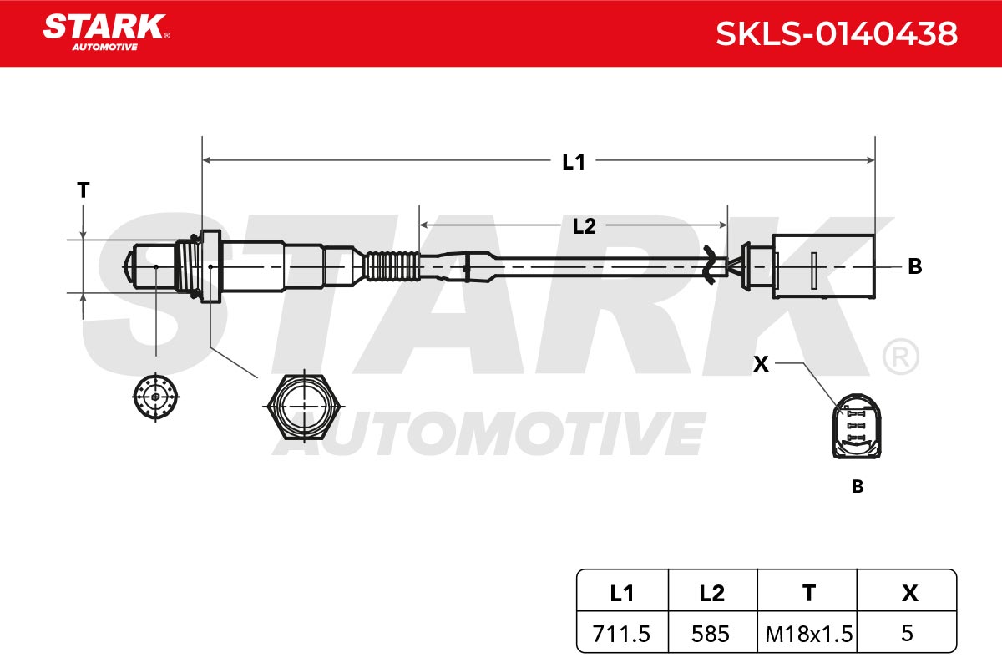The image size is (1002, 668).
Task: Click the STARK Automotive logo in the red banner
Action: tap(106, 33)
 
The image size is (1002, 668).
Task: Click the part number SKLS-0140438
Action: tap(837, 33)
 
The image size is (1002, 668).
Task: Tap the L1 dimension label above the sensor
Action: tap(574, 162)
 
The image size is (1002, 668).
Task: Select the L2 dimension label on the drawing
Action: tap(584, 226)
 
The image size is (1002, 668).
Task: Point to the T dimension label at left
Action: tap(83, 190)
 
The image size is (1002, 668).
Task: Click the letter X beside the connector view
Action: tap(761, 364)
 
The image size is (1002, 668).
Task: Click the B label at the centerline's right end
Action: tap(915, 266)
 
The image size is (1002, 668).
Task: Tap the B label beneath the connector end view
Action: tap(858, 486)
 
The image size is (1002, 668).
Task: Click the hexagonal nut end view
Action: tap(304, 407)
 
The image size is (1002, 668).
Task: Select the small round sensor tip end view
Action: tap(155, 397)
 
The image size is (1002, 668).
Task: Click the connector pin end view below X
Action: tap(857, 427)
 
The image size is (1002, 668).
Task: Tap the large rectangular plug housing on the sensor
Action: tap(823, 266)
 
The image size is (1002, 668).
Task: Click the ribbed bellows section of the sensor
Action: tap(392, 266)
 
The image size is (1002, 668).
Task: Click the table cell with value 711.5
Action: tap(622, 632)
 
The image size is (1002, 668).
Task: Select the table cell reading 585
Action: tap(712, 632)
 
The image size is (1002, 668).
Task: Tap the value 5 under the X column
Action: tap(907, 632)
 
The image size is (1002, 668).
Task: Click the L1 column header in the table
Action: tap(622, 592)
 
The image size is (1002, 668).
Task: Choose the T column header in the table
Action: tap(809, 592)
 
